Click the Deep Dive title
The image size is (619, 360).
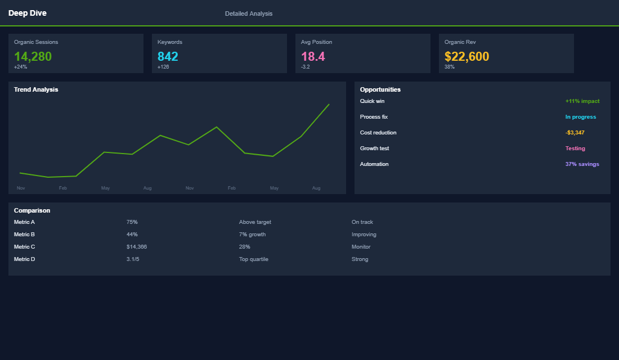[28, 13]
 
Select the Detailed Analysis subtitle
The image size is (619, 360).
[249, 13]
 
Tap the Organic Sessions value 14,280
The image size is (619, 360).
[33, 56]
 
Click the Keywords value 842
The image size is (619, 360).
[168, 56]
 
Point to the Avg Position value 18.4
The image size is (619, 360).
[313, 56]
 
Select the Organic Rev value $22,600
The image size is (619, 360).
[467, 56]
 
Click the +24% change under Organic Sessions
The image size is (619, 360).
[20, 67]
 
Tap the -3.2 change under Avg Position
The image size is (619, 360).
[305, 67]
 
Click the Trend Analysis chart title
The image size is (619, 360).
[36, 89]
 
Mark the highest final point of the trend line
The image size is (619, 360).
[329, 104]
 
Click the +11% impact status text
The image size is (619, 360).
[582, 101]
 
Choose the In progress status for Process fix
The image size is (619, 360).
[581, 117]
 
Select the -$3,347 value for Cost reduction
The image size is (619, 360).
[575, 133]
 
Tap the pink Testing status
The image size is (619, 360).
[575, 148]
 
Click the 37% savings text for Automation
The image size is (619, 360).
[582, 164]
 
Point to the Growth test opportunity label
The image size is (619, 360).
[374, 148]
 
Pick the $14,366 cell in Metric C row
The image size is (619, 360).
[137, 247]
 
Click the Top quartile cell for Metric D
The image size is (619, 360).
[254, 259]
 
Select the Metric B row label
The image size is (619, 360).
[25, 235]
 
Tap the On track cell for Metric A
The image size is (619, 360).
[362, 222]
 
